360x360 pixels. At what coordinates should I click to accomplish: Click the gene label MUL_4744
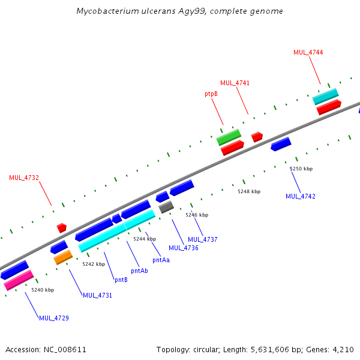308,52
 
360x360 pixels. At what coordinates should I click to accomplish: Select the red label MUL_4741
235,83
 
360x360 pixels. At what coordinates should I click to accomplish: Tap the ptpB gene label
211,94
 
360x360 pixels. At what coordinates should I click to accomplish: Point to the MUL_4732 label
24,178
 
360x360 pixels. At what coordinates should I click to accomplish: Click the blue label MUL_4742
301,196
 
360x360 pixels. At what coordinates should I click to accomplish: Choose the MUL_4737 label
202,239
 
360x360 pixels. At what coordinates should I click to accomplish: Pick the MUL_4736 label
183,248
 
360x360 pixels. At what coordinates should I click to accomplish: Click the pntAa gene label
161,260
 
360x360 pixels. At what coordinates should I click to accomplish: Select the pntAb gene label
139,271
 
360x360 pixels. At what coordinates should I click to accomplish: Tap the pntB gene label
121,280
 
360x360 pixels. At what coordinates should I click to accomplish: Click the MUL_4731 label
97,295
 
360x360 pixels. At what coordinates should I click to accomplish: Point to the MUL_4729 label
54,317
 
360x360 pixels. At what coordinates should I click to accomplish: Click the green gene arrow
229,137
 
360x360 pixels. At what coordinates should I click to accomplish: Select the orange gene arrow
63,257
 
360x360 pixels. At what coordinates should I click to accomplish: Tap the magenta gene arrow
19,280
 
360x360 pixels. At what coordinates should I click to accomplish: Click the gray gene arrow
166,207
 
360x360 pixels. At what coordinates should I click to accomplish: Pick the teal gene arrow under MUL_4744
325,96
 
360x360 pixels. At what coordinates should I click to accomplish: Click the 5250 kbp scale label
301,169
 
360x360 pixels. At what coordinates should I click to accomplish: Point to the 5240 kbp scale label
43,290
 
